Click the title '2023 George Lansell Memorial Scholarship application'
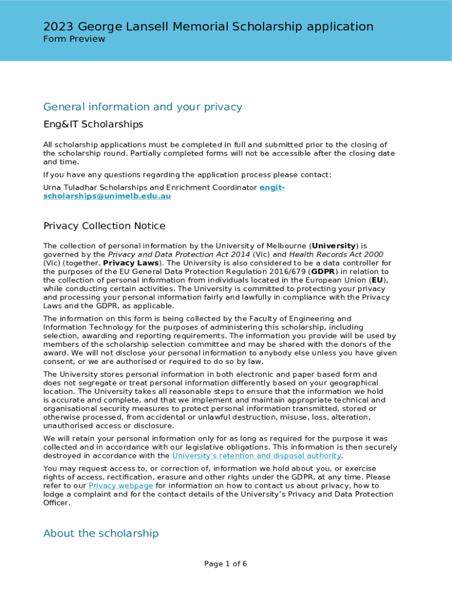coord(208,26)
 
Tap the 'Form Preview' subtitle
coord(74,39)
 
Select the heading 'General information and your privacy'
coord(143,107)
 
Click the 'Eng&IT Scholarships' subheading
coord(93,124)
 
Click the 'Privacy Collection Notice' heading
coord(104,226)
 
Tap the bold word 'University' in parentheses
coord(333,246)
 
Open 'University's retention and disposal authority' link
coord(257,456)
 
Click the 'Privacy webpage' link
coord(121,486)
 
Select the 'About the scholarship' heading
coord(101,534)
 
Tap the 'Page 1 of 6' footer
coord(225,564)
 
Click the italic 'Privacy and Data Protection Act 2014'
coord(178,255)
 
